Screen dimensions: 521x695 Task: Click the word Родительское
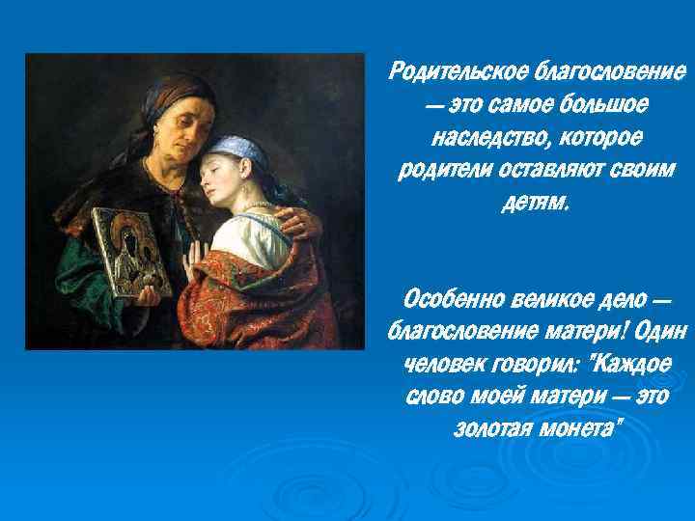coord(452,72)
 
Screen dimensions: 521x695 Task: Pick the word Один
coord(661,329)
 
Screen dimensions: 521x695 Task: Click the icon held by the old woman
coord(131,251)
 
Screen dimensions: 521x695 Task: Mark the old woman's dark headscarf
coord(164,92)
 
